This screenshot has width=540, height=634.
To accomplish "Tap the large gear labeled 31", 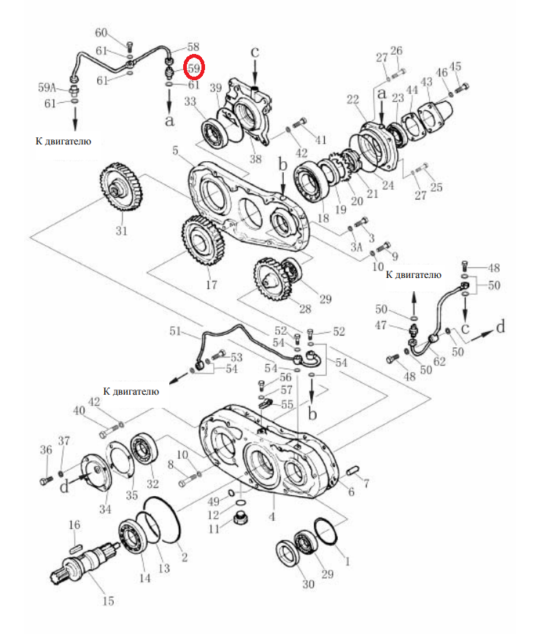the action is click(x=120, y=188).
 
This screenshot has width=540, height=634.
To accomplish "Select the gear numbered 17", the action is click(x=203, y=241).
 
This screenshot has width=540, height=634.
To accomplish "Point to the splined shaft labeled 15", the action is click(x=85, y=561).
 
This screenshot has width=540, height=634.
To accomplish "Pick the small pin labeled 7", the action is click(x=352, y=471).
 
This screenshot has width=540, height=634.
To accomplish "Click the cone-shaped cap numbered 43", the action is click(x=435, y=112).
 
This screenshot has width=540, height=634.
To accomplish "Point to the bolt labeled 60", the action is click(x=129, y=46).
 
